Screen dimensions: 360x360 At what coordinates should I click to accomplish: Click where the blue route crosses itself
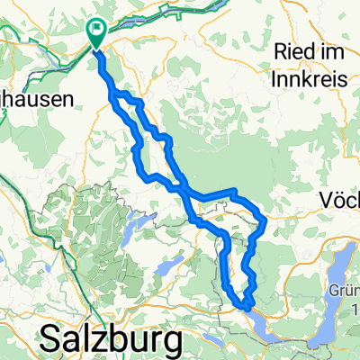coord(184,191)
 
